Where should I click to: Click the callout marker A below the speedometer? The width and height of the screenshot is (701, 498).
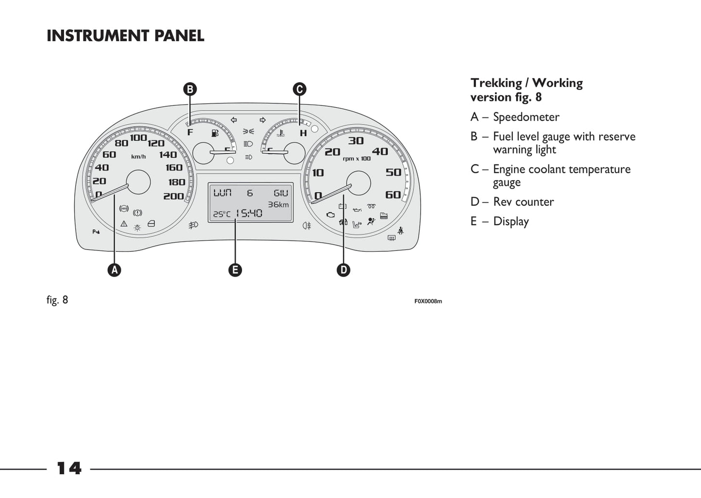(x=114, y=270)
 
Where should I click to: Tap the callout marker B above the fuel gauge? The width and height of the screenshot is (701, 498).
(x=190, y=89)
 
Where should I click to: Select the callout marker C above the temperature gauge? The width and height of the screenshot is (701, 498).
(x=299, y=89)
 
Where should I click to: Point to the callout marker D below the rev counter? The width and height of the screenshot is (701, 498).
(x=343, y=270)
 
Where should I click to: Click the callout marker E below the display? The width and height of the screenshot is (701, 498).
(x=235, y=270)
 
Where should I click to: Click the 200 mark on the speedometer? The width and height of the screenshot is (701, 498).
(x=173, y=196)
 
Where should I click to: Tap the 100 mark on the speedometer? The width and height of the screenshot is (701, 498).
(x=138, y=138)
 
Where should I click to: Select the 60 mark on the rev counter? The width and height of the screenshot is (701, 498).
(x=393, y=195)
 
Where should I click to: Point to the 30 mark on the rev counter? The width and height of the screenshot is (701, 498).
(x=356, y=141)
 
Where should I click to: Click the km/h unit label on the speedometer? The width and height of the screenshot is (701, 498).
(x=138, y=157)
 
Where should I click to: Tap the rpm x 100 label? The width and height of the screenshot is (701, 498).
(x=357, y=159)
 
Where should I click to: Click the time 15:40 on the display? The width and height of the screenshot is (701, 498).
(x=249, y=213)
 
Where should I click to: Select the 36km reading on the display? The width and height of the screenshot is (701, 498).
(x=278, y=204)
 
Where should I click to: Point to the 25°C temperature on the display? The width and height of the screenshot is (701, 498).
(x=222, y=214)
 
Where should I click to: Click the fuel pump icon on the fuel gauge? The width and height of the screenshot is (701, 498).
(x=215, y=133)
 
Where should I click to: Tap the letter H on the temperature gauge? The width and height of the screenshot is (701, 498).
(x=303, y=133)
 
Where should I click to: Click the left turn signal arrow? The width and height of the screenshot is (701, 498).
(x=234, y=120)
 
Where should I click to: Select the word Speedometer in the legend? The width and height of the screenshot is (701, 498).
(x=526, y=117)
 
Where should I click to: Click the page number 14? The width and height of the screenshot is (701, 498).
(x=69, y=468)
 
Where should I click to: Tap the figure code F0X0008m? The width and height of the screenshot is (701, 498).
(x=428, y=301)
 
